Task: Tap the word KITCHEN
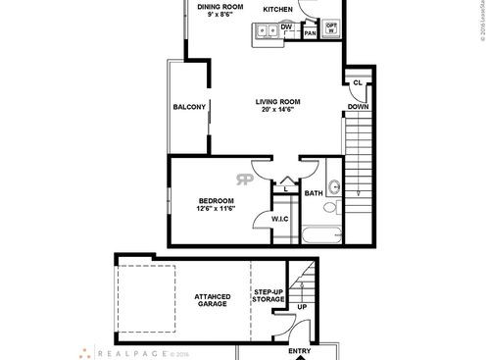click(x=277, y=9)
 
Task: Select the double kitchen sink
click(x=265, y=32)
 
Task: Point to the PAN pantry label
click(x=310, y=33)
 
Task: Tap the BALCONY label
click(x=188, y=107)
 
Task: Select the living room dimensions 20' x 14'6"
click(x=277, y=110)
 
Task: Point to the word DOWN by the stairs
click(x=357, y=106)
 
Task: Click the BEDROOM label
click(x=215, y=201)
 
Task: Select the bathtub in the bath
click(x=322, y=234)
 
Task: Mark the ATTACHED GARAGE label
click(x=212, y=300)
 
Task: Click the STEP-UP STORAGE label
click(x=269, y=296)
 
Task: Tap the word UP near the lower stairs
click(x=301, y=307)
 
